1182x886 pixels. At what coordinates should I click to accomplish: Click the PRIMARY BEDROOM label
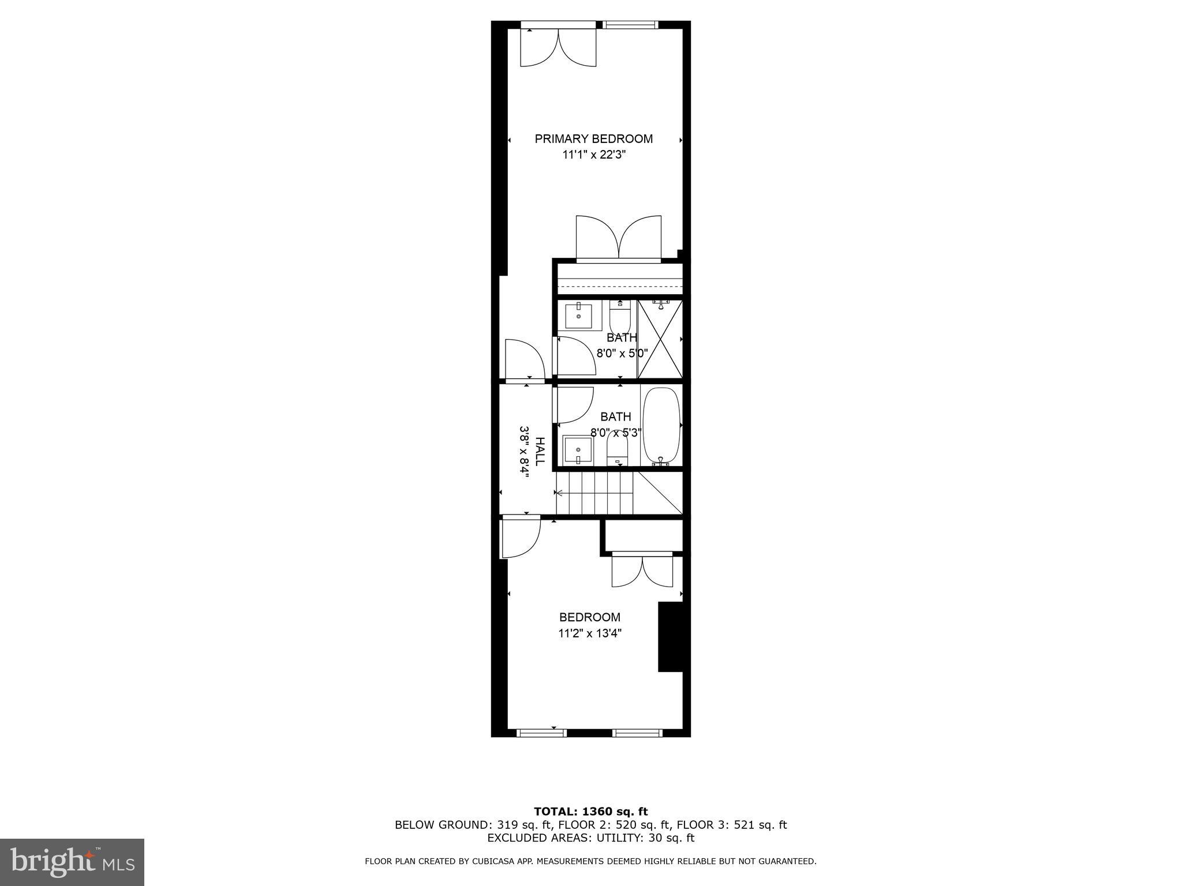click(593, 138)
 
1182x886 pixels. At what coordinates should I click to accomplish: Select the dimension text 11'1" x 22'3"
click(594, 155)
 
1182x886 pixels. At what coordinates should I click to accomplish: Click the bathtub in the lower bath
click(661, 426)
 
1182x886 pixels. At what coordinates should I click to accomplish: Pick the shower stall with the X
click(660, 339)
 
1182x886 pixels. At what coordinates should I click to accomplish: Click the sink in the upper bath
click(578, 316)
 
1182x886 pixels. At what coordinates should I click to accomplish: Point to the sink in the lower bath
click(578, 450)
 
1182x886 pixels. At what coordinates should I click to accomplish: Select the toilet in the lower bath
click(617, 448)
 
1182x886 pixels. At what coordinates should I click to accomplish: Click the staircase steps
click(594, 493)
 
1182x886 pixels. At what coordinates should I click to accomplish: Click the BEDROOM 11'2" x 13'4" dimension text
click(589, 633)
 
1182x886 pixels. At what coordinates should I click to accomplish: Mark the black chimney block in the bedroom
click(670, 637)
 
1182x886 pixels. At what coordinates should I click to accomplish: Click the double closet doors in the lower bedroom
click(642, 571)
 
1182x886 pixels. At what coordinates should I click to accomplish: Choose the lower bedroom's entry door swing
click(519, 538)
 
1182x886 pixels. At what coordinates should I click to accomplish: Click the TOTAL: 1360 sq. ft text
click(590, 812)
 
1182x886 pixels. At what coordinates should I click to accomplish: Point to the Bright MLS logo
click(72, 862)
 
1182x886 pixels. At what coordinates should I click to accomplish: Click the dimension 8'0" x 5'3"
click(616, 432)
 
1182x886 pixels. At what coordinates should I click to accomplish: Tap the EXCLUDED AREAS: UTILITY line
click(590, 838)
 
